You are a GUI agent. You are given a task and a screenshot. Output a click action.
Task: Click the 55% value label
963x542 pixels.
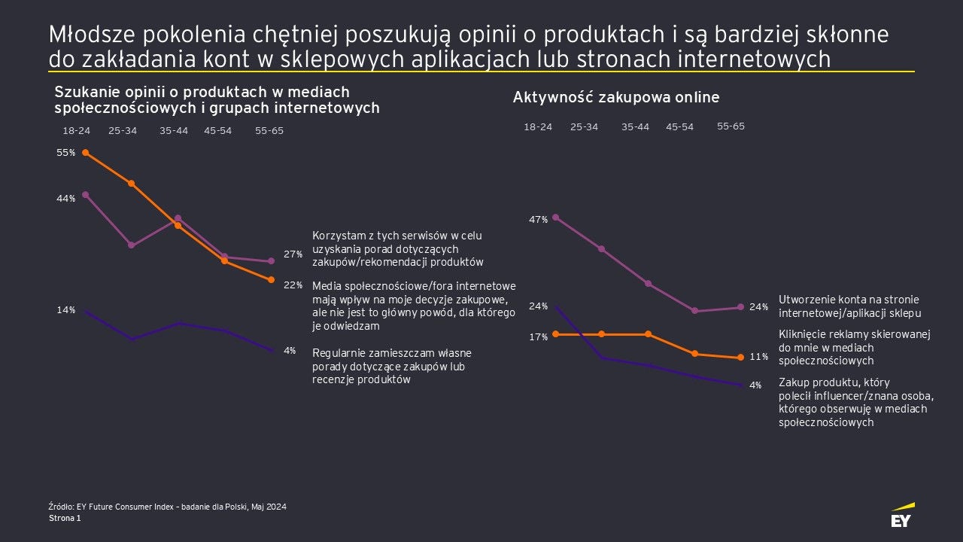point(66,153)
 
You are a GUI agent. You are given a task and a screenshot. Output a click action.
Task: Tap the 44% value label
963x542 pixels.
point(66,199)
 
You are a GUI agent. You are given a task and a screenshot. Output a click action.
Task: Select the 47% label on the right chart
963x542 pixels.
point(538,220)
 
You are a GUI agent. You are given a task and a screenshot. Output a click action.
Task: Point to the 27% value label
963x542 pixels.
point(293,254)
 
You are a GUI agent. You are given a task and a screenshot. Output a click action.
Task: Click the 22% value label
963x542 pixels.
point(293,285)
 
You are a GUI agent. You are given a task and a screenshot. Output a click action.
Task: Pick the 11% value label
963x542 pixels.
point(758,357)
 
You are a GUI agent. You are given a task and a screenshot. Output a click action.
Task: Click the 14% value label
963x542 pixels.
point(66,310)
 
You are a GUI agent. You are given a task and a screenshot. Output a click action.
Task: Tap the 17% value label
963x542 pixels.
point(538,337)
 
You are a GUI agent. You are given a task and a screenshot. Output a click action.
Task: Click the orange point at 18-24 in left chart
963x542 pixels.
point(86,153)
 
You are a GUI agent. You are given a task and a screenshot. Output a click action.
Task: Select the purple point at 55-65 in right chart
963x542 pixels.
point(741,307)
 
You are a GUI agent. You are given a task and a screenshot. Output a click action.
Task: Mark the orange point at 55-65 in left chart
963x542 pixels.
point(271,280)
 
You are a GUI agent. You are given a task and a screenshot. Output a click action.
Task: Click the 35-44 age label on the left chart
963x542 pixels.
point(174,131)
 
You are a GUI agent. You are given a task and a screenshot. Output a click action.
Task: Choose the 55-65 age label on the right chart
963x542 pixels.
point(731,126)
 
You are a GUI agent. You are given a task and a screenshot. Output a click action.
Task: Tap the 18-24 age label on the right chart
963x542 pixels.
point(538,127)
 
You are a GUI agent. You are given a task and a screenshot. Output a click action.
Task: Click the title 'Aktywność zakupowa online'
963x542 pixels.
point(616,97)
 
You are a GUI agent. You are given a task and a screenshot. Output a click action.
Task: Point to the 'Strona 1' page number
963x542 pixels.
point(65,519)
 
